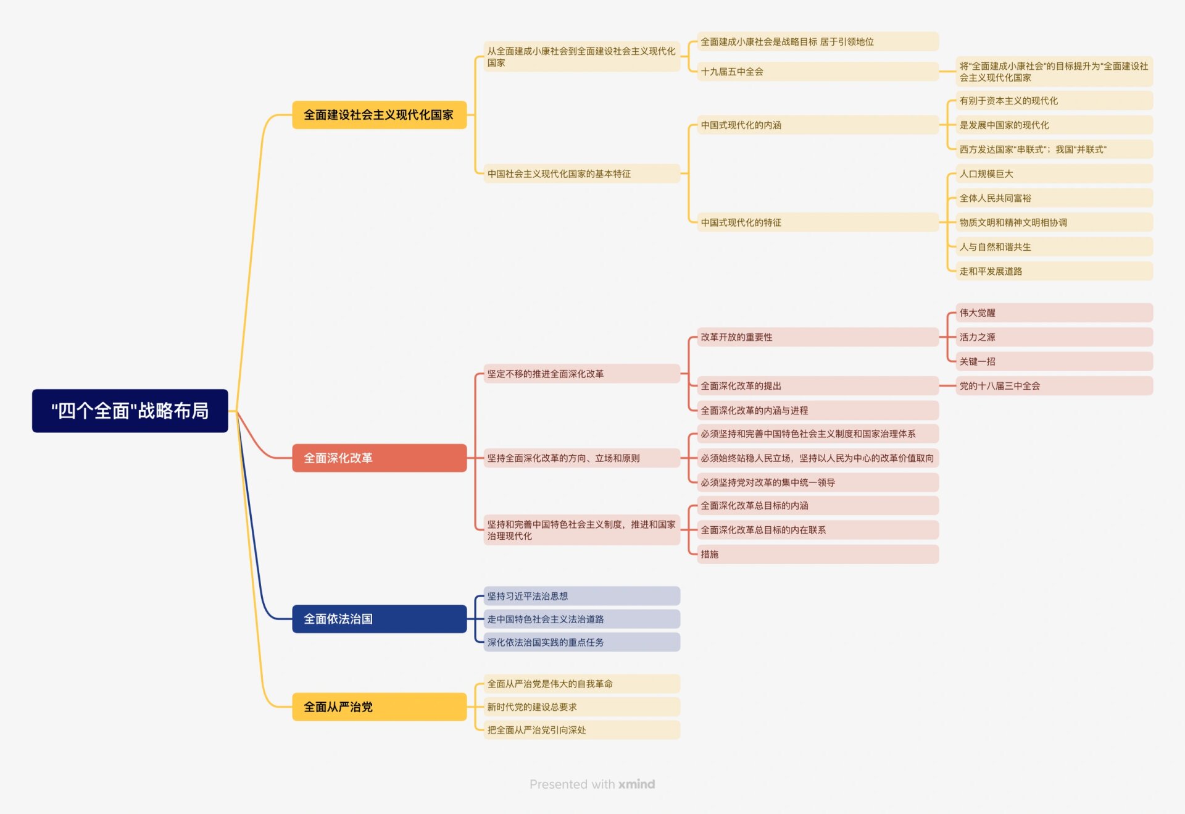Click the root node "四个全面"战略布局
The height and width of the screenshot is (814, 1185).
click(130, 411)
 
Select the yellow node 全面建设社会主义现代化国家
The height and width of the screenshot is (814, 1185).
click(379, 115)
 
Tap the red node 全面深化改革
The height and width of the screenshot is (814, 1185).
click(379, 458)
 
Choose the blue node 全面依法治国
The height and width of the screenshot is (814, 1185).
click(379, 619)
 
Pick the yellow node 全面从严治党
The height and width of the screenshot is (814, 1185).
click(379, 707)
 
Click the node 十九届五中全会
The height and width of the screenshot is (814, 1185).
click(817, 72)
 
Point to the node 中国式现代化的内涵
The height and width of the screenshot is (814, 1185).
click(817, 125)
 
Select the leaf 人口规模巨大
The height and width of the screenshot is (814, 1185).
click(1054, 174)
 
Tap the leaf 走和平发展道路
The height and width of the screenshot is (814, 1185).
click(1054, 271)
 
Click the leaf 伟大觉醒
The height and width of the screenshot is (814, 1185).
click(1054, 313)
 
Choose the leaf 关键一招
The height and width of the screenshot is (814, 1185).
click(1054, 361)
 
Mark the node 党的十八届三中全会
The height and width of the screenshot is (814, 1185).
click(1054, 386)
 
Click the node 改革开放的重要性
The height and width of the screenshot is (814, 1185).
click(817, 337)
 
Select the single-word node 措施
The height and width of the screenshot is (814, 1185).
click(817, 554)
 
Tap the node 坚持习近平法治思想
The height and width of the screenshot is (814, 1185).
click(581, 596)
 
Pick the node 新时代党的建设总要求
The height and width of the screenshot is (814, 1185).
click(581, 707)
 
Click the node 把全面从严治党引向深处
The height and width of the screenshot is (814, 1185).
click(581, 730)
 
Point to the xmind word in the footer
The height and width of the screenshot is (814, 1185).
click(636, 784)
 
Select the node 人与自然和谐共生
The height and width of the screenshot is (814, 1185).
click(1054, 247)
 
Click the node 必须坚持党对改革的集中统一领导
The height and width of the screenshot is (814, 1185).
click(817, 482)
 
